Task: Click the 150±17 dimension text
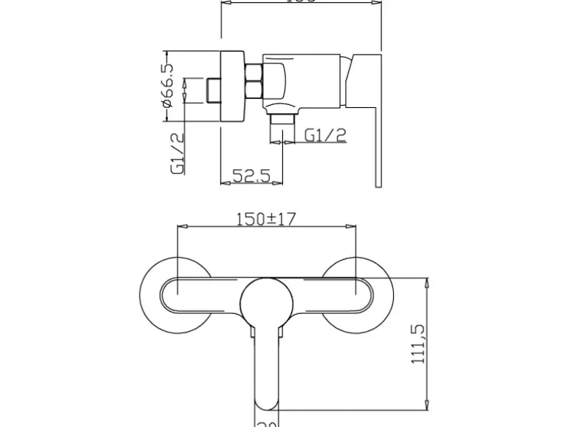coord(266,219)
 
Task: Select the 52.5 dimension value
coord(252,175)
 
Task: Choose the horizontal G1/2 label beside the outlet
coord(325,134)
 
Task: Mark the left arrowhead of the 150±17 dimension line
coord(180,228)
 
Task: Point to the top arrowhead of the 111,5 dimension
coord(427,281)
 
